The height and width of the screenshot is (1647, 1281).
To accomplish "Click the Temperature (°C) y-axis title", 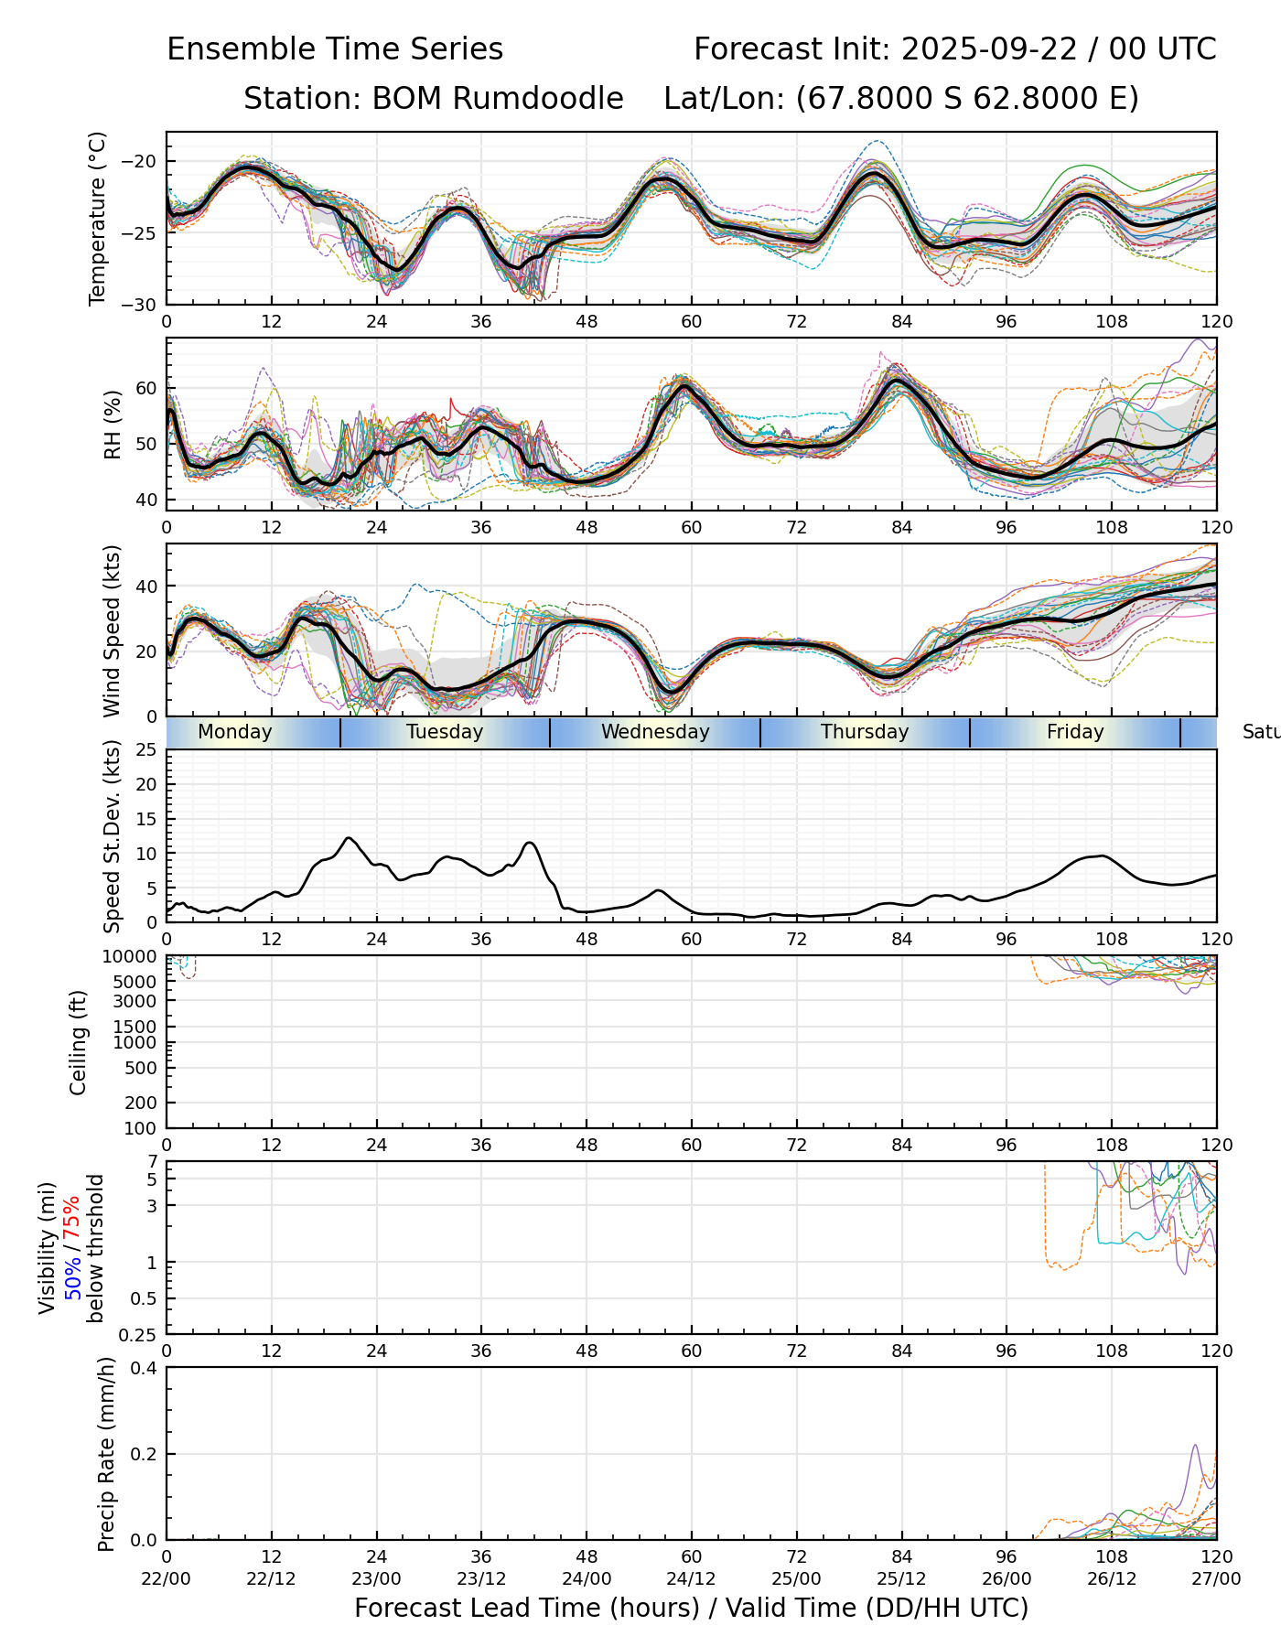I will [x=98, y=218].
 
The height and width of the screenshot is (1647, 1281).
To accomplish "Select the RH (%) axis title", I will [x=113, y=425].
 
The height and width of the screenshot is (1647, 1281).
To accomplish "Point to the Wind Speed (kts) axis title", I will [x=112, y=630].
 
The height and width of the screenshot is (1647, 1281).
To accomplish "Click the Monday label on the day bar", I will [x=235, y=732].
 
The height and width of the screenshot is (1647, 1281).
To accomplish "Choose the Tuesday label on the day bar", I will [x=445, y=732].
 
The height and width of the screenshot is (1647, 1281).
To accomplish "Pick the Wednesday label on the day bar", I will [x=655, y=732].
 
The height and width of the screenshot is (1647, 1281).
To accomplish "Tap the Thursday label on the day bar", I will [x=865, y=732].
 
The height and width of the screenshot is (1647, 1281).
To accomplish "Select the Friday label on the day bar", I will [x=1075, y=732].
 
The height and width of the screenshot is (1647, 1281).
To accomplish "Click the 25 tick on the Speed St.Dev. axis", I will [x=146, y=750].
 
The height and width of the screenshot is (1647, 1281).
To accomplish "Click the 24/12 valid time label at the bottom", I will [x=691, y=1578].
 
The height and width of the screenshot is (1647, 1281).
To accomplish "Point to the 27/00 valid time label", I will [x=1216, y=1578].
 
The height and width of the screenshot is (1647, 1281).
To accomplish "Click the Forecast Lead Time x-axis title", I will [x=691, y=1608].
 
